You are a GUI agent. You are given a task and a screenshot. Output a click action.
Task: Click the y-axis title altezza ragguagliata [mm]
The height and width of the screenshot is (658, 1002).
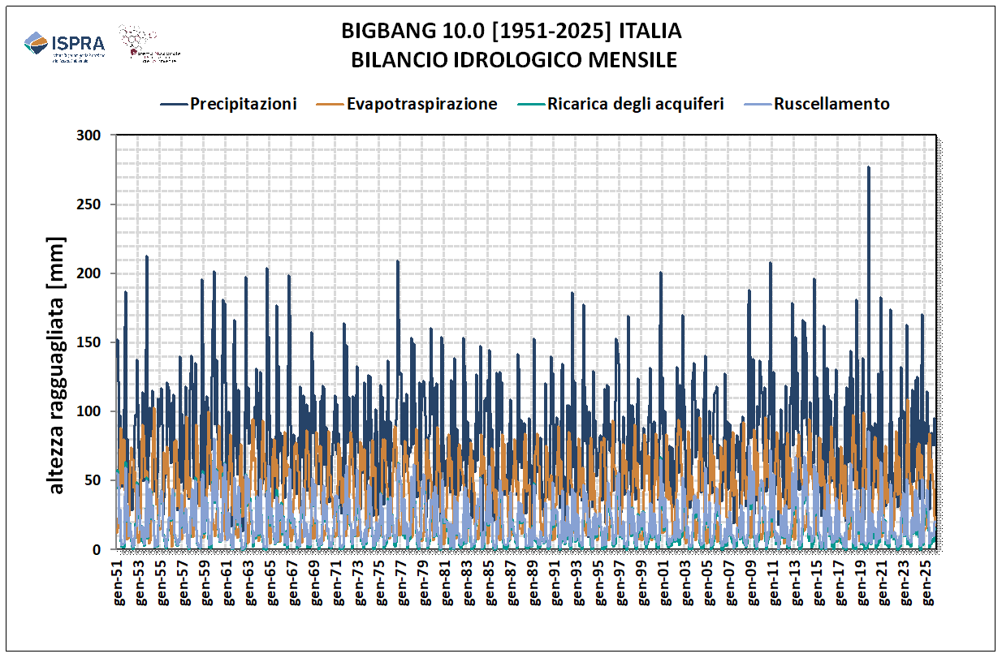coord(56,365)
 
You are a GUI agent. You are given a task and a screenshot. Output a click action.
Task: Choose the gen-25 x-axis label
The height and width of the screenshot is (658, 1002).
coord(927,584)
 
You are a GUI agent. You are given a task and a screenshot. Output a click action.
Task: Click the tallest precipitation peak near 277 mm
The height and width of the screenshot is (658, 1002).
coord(868,167)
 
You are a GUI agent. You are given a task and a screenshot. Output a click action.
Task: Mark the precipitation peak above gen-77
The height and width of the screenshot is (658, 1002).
coord(397,261)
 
